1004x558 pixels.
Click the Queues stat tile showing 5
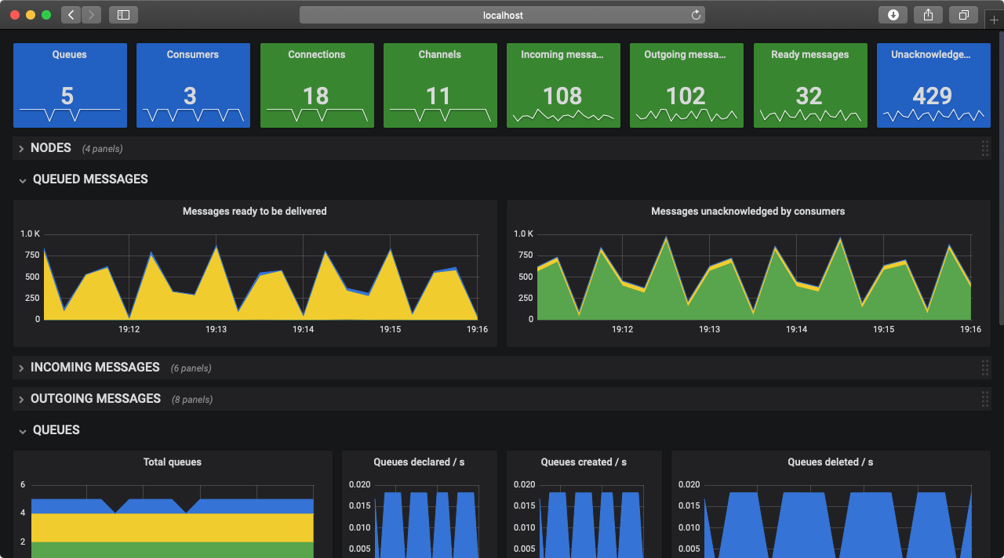click(x=67, y=96)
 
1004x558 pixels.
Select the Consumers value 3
click(x=191, y=96)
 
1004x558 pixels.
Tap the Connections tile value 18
click(x=315, y=96)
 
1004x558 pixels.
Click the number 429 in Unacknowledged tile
click(x=932, y=96)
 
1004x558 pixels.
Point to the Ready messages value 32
click(x=809, y=96)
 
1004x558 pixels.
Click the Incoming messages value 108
click(x=562, y=96)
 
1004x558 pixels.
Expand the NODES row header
click(x=51, y=148)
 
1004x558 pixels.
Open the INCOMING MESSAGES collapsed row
click(x=95, y=368)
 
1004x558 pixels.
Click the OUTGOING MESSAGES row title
click(x=96, y=399)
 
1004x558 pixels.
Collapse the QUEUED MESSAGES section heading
click(x=89, y=179)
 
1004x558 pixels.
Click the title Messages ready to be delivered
click(x=254, y=212)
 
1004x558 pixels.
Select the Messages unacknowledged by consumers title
click(x=748, y=212)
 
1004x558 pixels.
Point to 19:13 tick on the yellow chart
click(x=216, y=330)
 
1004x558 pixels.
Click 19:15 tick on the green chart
click(x=884, y=330)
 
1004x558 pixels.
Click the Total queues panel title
click(x=172, y=462)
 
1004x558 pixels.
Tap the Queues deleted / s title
click(x=830, y=462)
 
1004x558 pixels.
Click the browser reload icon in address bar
click(x=695, y=15)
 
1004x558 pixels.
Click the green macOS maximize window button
click(x=46, y=15)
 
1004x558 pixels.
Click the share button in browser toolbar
click(x=928, y=15)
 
